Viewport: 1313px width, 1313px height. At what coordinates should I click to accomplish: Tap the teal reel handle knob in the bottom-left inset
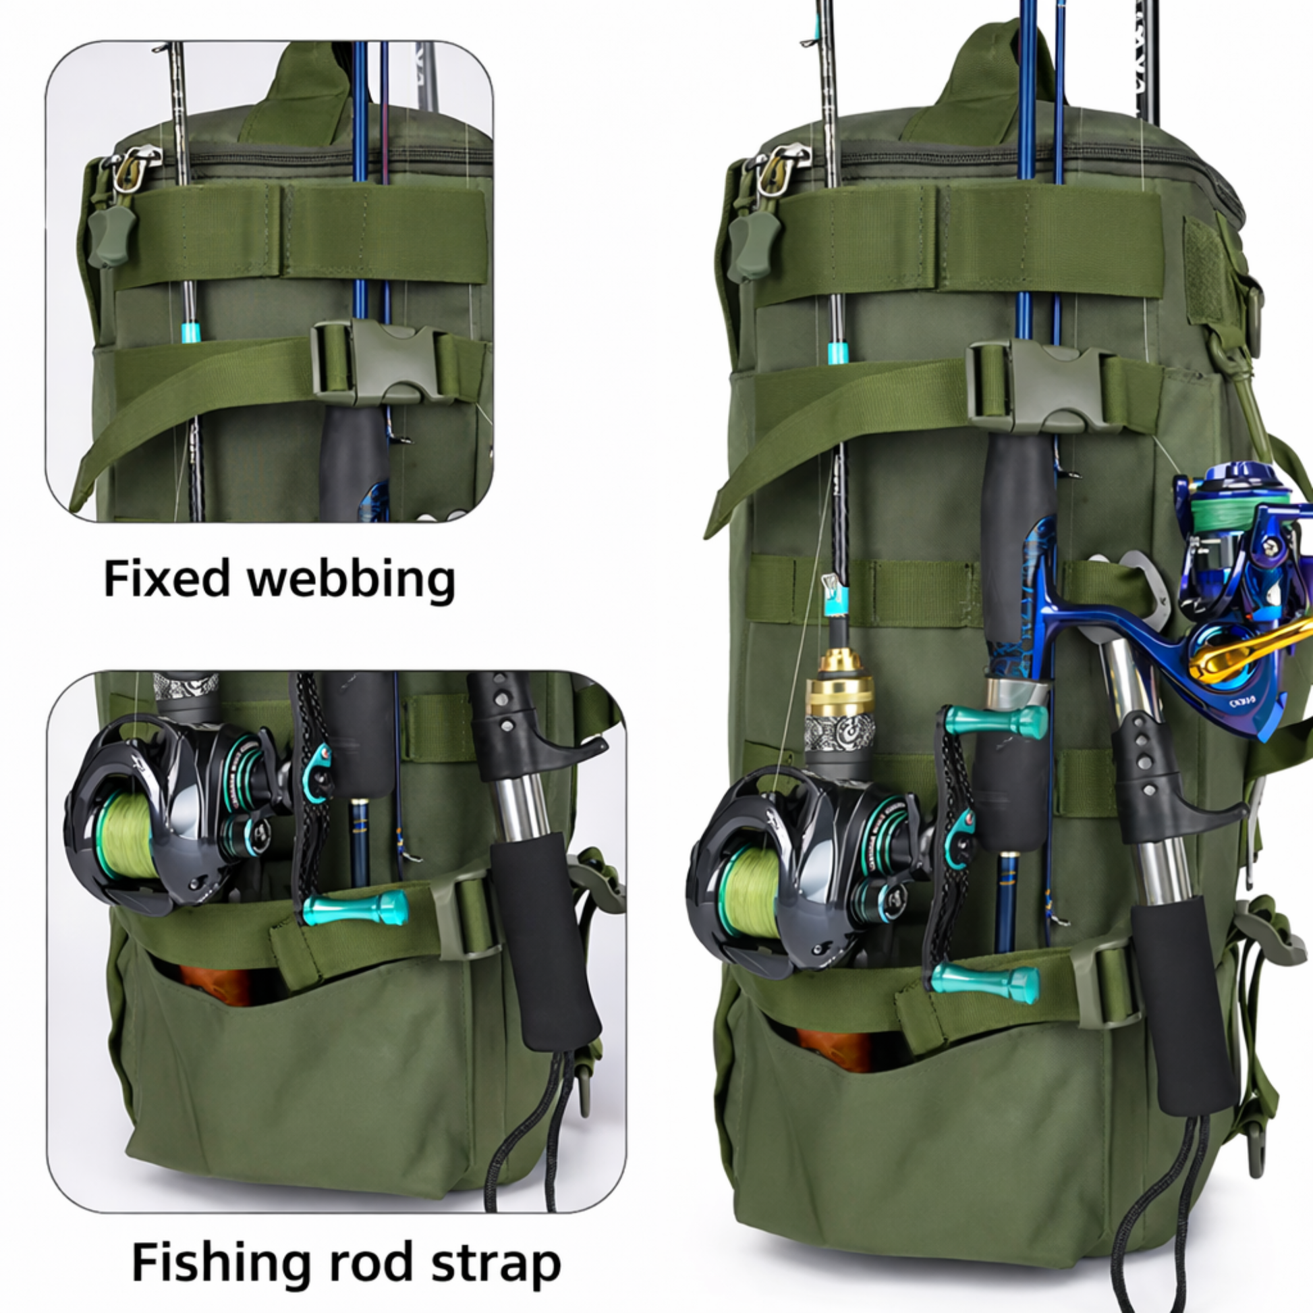[355, 909]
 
